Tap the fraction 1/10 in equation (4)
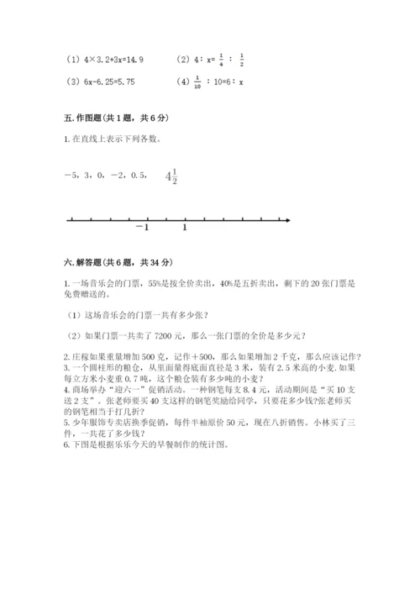pyautogui.click(x=206, y=82)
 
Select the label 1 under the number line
pyautogui.click(x=185, y=229)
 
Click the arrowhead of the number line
pyautogui.click(x=288, y=220)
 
